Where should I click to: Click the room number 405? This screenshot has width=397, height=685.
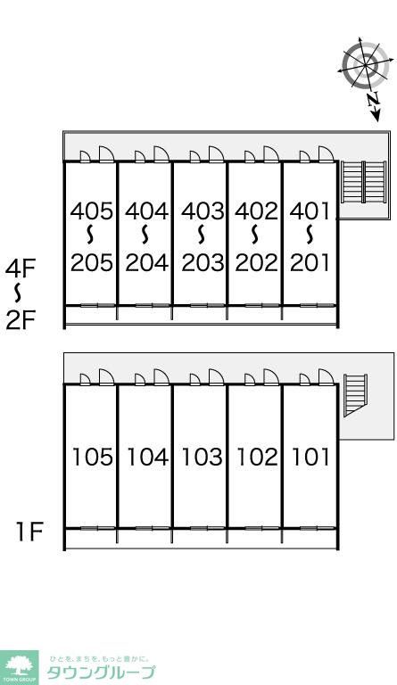tap(92, 211)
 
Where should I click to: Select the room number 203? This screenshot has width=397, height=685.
tap(203, 263)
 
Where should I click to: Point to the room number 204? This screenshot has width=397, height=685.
tap(146, 263)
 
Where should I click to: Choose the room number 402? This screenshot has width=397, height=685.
tap(256, 211)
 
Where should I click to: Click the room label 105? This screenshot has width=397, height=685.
tap(92, 457)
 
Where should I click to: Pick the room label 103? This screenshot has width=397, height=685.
tap(202, 457)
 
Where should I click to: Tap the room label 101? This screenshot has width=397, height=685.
tap(310, 457)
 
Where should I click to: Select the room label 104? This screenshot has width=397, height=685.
tap(147, 457)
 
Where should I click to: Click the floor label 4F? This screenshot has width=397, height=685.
tap(21, 268)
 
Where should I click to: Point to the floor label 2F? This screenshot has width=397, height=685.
tap(21, 320)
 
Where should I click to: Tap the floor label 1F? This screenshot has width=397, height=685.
tap(29, 532)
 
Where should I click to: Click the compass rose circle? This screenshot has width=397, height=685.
tap(365, 65)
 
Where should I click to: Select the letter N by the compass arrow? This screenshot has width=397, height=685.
tap(373, 100)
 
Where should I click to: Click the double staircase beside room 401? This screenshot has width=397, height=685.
tap(363, 182)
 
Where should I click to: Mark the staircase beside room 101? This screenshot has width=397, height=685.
tap(355, 395)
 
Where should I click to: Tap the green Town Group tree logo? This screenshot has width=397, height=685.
tap(19, 667)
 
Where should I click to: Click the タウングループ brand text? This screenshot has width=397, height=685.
tap(100, 673)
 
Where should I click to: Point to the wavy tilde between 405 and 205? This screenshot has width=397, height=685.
tap(90, 235)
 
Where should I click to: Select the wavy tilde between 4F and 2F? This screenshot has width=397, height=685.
tap(18, 293)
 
